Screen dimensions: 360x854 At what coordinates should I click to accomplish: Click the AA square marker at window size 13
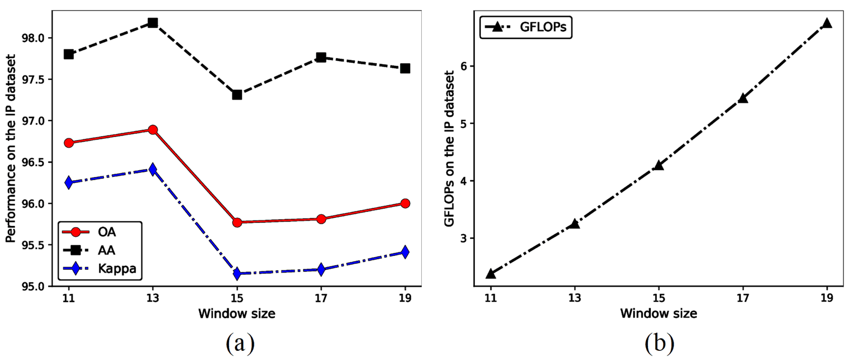[153, 23]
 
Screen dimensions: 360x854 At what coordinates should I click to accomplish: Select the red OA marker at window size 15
[237, 223]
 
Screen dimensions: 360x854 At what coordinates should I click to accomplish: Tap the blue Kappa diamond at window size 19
[405, 252]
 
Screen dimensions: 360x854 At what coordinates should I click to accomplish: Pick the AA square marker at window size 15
[237, 95]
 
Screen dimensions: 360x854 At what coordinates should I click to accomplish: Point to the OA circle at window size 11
[69, 143]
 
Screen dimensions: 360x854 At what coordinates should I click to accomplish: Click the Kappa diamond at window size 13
[153, 169]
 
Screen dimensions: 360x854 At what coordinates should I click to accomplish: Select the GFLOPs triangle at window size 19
[827, 23]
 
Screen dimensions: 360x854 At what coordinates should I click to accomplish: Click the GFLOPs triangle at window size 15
[659, 166]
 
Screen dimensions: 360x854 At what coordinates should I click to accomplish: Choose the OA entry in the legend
[106, 232]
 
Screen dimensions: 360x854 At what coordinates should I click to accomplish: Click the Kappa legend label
[117, 269]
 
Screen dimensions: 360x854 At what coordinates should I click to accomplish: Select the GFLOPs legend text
[543, 27]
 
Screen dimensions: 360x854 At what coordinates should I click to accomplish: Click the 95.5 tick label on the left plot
[33, 245]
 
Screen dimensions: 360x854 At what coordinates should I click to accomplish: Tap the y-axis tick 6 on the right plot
[464, 66]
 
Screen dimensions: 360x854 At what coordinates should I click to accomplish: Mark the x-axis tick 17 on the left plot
[321, 298]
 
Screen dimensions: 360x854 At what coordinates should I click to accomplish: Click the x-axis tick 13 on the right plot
[575, 298]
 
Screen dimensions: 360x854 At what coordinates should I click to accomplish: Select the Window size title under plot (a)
[237, 314]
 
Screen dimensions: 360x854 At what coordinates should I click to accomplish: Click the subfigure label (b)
[659, 343]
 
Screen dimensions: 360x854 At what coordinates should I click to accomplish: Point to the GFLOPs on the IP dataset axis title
[449, 149]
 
